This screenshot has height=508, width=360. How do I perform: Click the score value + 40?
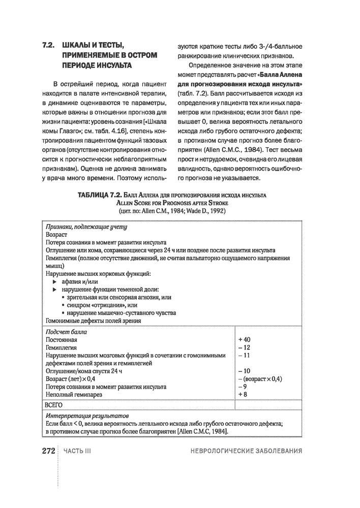click(244, 339)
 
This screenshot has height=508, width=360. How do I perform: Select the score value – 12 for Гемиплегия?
click(244, 347)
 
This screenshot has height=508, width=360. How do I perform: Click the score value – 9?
click(242, 387)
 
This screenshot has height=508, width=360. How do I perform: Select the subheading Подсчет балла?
click(66, 331)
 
